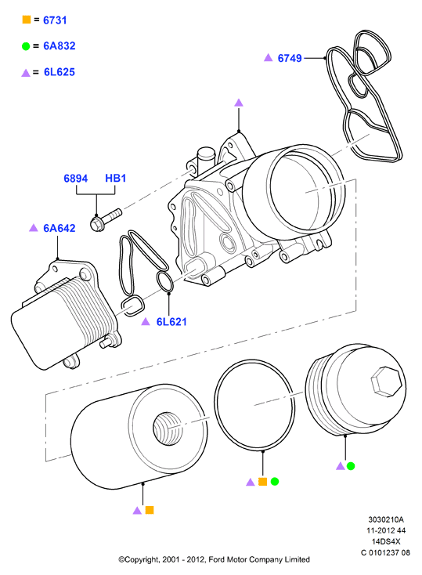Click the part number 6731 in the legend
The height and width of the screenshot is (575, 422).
(55, 20)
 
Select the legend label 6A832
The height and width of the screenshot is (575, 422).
(60, 46)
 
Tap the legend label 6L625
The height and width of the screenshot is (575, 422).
(60, 72)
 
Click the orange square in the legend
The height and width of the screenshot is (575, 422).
(27, 20)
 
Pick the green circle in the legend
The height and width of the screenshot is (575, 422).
(26, 46)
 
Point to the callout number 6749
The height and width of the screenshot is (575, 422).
(290, 58)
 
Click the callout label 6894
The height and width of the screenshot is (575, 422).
(76, 179)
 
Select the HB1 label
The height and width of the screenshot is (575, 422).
(116, 179)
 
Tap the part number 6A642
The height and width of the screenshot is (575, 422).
(60, 228)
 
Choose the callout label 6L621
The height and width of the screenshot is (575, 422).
(171, 322)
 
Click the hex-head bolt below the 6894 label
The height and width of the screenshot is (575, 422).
(105, 220)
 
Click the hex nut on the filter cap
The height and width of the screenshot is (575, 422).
(386, 382)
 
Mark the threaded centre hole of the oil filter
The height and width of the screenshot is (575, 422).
(168, 429)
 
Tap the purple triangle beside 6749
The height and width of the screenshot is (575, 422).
(269, 57)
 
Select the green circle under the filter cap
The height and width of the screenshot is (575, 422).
(351, 466)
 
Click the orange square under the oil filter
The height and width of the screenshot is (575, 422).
(150, 510)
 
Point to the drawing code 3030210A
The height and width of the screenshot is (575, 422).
(386, 519)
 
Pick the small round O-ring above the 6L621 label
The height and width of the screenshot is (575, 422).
(165, 282)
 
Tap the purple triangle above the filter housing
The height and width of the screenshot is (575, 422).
(239, 103)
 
